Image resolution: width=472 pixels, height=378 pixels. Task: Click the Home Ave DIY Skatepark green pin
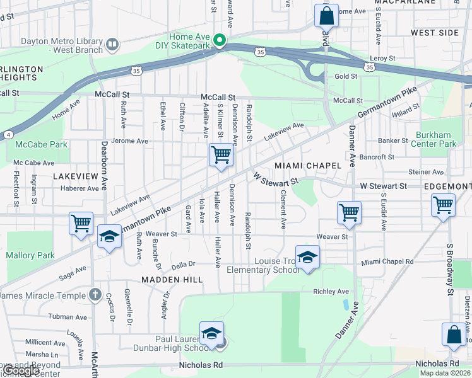pyautogui.click(x=220, y=42)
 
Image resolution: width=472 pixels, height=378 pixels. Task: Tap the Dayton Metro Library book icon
pyautogui.click(x=112, y=44)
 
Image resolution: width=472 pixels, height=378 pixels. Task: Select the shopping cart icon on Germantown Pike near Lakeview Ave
pyautogui.click(x=221, y=154)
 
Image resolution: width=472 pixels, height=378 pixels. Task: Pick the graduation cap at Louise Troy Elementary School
pyautogui.click(x=307, y=257)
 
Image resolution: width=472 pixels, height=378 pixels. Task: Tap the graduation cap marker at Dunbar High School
pyautogui.click(x=212, y=333)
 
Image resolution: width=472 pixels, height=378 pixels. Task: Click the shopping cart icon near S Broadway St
pyautogui.click(x=443, y=205)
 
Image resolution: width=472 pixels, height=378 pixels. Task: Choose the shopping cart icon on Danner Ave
pyautogui.click(x=349, y=212)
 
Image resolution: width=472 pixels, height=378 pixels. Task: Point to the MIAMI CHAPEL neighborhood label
pyautogui.click(x=308, y=165)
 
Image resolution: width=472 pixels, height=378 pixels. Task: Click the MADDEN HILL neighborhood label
pyautogui.click(x=172, y=279)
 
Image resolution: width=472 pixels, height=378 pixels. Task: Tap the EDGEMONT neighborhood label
pyautogui.click(x=447, y=187)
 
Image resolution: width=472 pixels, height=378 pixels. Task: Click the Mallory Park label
pyautogui.click(x=30, y=256)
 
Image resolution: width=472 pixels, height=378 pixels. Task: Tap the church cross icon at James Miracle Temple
pyautogui.click(x=95, y=294)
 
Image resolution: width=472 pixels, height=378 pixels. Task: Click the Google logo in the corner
pyautogui.click(x=21, y=370)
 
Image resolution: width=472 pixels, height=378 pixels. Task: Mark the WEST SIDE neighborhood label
pyautogui.click(x=435, y=32)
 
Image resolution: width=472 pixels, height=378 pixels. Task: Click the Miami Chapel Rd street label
pyautogui.click(x=387, y=261)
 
